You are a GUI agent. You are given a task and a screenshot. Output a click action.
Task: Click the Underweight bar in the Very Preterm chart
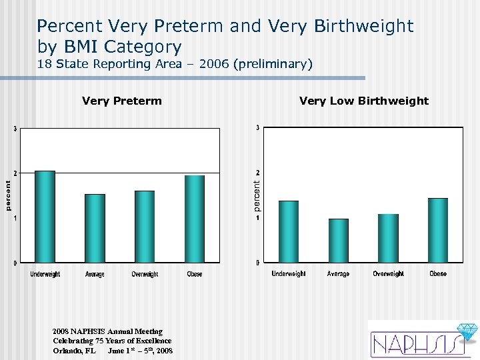pyautogui.click(x=45, y=217)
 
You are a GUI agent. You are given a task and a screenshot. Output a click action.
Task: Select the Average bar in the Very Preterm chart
pyautogui.click(x=95, y=228)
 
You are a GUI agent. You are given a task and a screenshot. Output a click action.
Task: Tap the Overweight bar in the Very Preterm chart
pyautogui.click(x=145, y=227)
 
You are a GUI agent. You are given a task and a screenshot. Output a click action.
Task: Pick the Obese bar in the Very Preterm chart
pyautogui.click(x=195, y=219)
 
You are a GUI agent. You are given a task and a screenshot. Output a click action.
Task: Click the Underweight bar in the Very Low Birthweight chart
pyautogui.click(x=289, y=231)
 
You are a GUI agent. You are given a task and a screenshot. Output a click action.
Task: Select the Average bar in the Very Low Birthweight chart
pyautogui.click(x=339, y=240)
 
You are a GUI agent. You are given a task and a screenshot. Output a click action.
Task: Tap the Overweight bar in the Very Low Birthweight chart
pyautogui.click(x=388, y=238)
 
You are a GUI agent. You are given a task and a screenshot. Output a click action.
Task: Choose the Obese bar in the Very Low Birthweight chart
pyautogui.click(x=438, y=230)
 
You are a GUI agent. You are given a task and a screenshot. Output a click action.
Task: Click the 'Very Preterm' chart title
pyautogui.click(x=121, y=101)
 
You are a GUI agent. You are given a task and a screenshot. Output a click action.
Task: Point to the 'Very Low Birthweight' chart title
pyautogui.click(x=364, y=101)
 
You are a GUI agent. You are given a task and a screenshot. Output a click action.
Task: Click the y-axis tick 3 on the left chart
pyautogui.click(x=15, y=129)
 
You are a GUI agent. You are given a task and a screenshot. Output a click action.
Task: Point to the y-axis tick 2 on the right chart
pyautogui.click(x=258, y=173)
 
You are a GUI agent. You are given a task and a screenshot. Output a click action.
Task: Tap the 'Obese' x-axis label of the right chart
pyautogui.click(x=438, y=274)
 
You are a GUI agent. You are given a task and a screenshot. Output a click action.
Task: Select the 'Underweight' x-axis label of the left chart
pyautogui.click(x=45, y=275)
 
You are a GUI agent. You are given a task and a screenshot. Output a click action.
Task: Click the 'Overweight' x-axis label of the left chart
pyautogui.click(x=145, y=275)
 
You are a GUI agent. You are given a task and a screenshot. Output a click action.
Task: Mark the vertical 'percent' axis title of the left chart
pyautogui.click(x=8, y=195)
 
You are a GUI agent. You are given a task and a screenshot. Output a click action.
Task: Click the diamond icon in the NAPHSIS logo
pyautogui.click(x=464, y=332)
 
